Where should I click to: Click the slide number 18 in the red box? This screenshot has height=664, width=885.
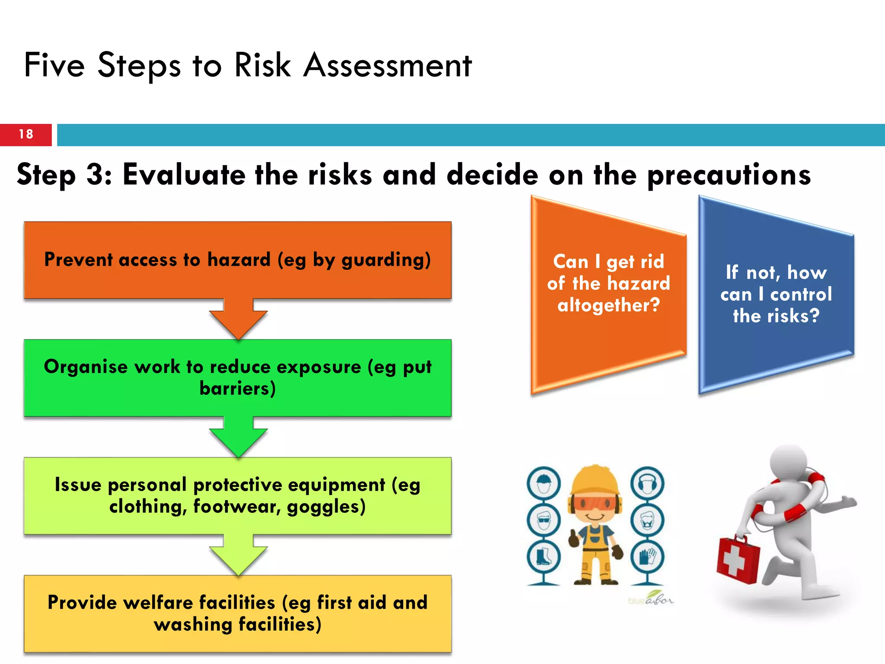(26, 134)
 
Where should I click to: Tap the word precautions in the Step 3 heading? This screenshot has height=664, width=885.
(729, 176)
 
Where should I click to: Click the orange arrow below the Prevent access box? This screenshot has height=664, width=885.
(238, 322)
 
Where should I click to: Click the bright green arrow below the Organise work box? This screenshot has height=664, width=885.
(238, 440)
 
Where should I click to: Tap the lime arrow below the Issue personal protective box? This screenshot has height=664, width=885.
(238, 558)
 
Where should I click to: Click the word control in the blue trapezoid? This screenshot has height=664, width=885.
(800, 294)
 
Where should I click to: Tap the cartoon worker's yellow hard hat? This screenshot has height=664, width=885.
(595, 480)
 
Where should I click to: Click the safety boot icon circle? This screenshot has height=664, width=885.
(544, 557)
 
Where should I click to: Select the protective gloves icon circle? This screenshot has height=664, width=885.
(647, 557)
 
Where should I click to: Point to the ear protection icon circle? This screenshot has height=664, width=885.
(647, 483)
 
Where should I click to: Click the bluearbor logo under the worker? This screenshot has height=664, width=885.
(650, 599)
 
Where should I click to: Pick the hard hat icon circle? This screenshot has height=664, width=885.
(544, 483)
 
